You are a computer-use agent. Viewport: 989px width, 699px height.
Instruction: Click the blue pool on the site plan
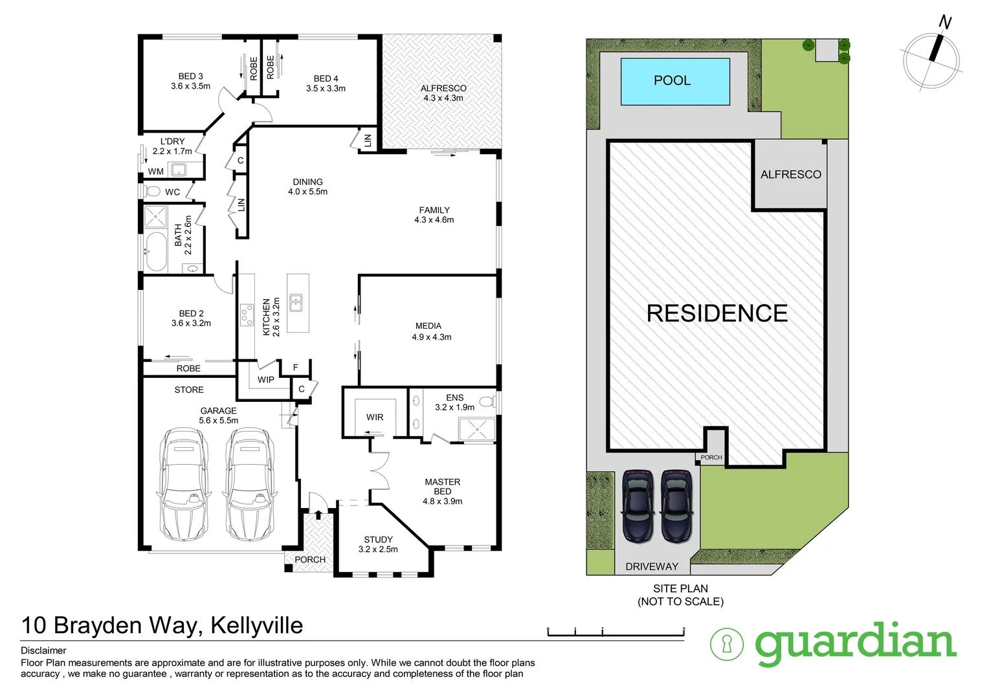(675, 82)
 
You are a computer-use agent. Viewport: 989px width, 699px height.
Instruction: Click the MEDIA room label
(428, 326)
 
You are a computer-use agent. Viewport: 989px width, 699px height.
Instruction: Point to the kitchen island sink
(296, 302)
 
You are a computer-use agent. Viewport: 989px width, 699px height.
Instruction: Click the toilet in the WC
(153, 192)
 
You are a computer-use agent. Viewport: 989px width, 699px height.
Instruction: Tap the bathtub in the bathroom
(155, 251)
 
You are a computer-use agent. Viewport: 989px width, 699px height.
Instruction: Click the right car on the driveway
(676, 506)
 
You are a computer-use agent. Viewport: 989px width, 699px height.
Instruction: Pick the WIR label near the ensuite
(375, 417)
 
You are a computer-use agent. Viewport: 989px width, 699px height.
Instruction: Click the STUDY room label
(378, 540)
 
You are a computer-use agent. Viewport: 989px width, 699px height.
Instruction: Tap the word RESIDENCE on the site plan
(717, 314)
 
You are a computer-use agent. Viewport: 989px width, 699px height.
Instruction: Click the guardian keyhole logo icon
(726, 644)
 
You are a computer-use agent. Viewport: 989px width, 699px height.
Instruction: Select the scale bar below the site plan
(616, 633)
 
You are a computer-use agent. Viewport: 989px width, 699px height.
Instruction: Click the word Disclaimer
(43, 650)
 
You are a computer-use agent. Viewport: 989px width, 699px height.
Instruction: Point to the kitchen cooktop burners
(247, 315)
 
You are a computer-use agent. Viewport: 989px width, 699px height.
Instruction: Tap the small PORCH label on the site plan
(711, 458)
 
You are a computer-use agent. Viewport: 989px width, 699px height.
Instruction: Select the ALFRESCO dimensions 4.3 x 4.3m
(443, 98)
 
